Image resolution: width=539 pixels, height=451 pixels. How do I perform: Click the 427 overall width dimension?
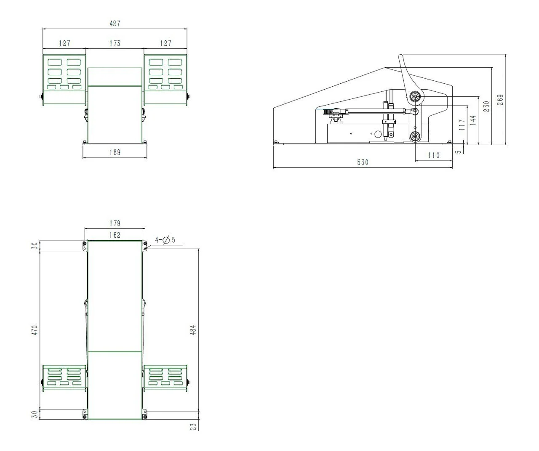click(x=115, y=24)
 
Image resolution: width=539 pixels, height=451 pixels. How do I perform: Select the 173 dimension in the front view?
click(x=115, y=43)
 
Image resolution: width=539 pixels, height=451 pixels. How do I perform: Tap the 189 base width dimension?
click(x=115, y=152)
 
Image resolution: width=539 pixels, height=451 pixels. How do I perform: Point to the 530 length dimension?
click(x=363, y=162)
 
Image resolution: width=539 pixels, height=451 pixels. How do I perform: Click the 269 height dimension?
click(x=500, y=100)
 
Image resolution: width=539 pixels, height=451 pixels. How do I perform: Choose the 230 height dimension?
click(x=486, y=106)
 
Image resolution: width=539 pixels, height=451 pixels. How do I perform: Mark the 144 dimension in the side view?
click(x=472, y=121)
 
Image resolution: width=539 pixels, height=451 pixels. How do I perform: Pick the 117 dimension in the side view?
click(x=462, y=125)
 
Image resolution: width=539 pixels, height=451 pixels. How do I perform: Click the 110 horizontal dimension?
click(x=434, y=155)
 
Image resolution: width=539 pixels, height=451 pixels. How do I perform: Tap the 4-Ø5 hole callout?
click(x=165, y=240)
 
